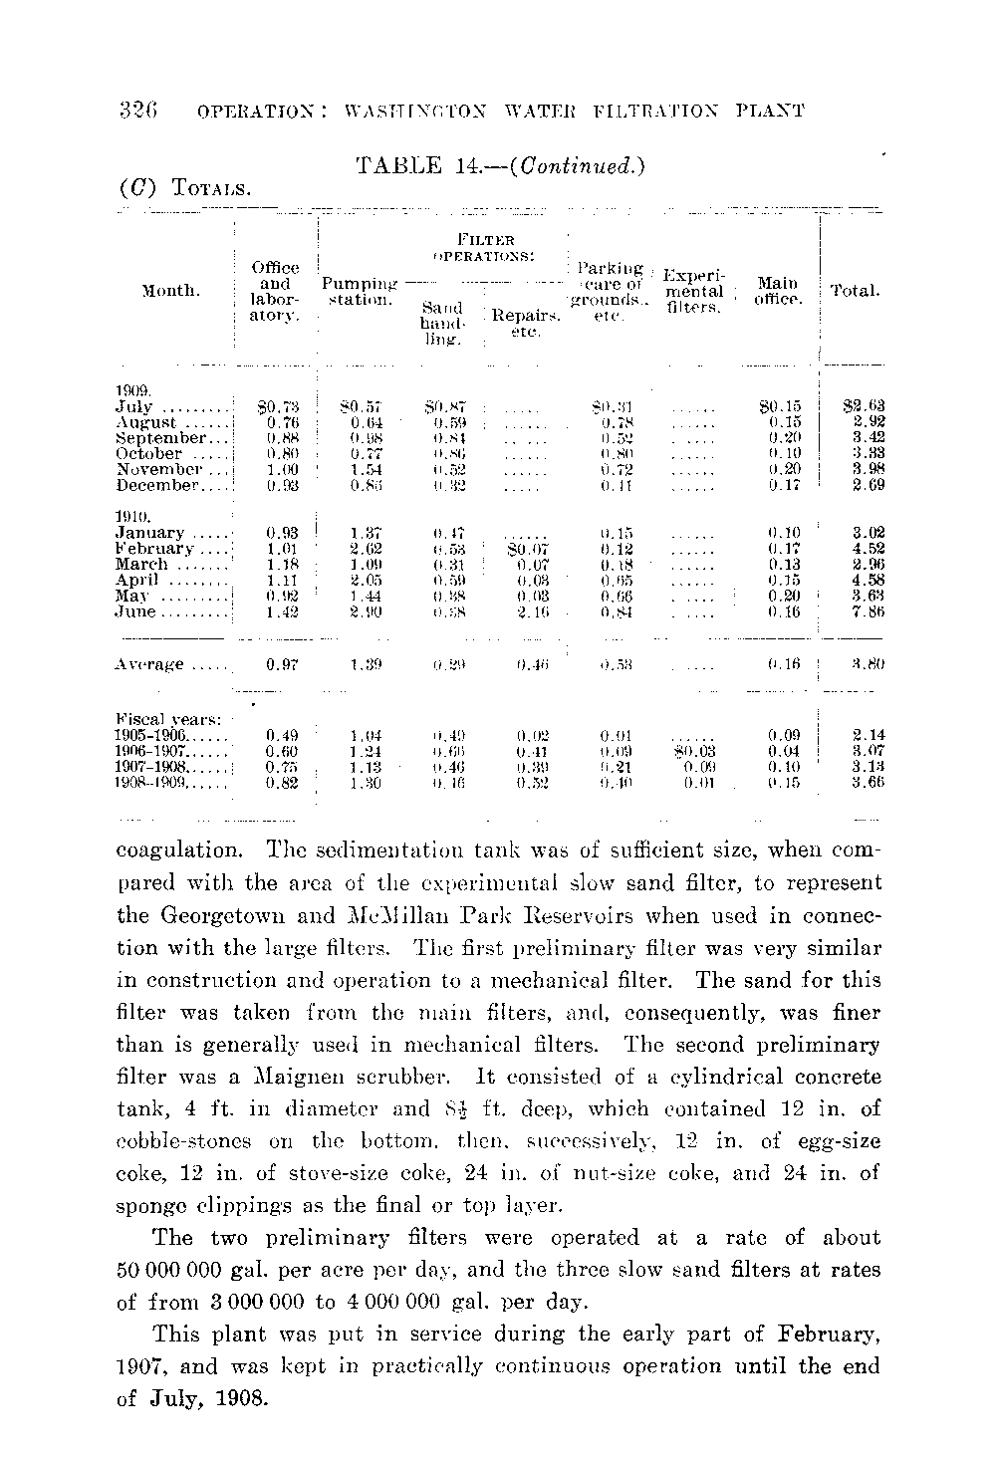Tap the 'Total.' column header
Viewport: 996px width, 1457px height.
pos(855,292)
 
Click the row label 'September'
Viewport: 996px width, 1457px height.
pos(160,437)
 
